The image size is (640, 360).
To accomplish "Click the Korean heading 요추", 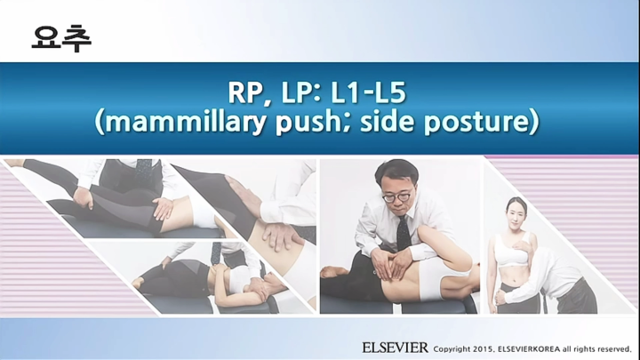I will pos(60,37).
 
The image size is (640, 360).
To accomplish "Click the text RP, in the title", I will pos(250,92).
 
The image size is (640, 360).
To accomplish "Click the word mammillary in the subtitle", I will pos(180,122).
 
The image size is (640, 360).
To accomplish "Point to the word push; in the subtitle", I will pos(313,122).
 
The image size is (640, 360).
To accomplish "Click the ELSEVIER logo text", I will pos(395,347).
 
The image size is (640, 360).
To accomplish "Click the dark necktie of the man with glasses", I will pos(403,232).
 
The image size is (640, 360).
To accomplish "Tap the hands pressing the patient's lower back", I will pos(390,267).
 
